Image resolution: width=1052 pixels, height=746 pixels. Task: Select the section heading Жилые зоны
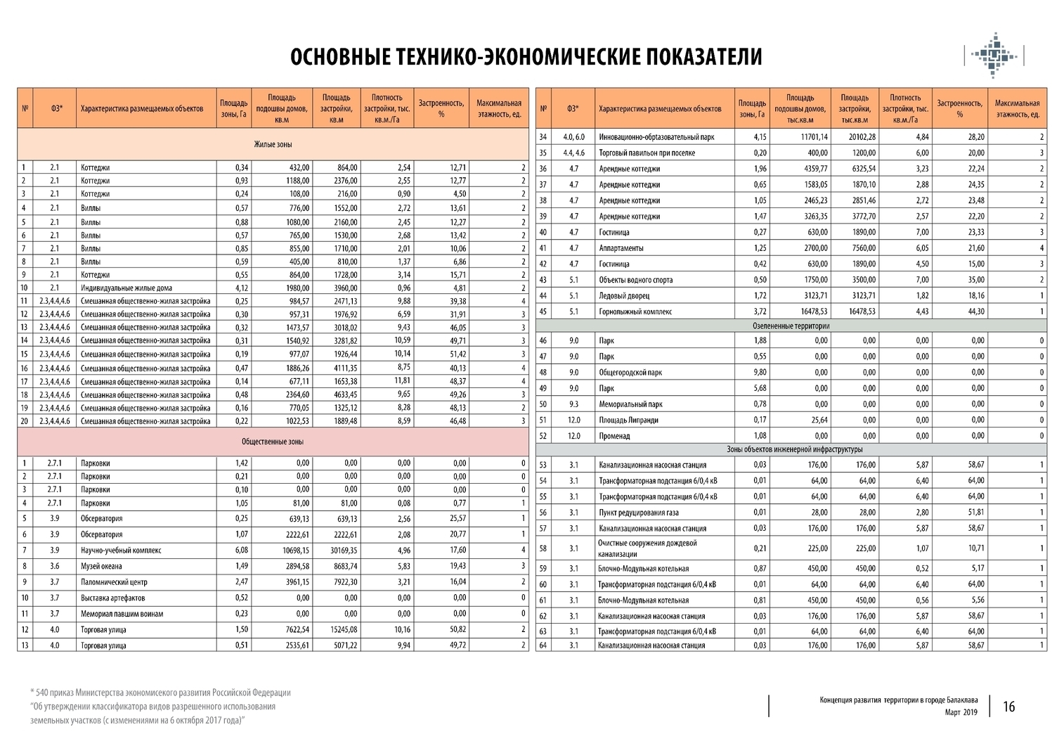click(273, 144)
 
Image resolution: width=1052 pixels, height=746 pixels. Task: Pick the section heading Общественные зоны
click(273, 442)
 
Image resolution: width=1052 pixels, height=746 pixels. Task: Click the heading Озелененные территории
click(791, 326)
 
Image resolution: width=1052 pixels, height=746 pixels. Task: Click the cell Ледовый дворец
click(624, 296)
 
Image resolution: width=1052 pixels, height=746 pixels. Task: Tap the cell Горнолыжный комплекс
click(635, 311)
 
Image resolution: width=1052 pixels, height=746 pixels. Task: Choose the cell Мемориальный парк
click(630, 404)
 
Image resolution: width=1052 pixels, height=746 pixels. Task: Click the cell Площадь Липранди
click(629, 420)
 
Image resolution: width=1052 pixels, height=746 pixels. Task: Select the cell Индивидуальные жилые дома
click(126, 288)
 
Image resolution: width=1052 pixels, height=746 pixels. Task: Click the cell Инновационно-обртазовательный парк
click(656, 137)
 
